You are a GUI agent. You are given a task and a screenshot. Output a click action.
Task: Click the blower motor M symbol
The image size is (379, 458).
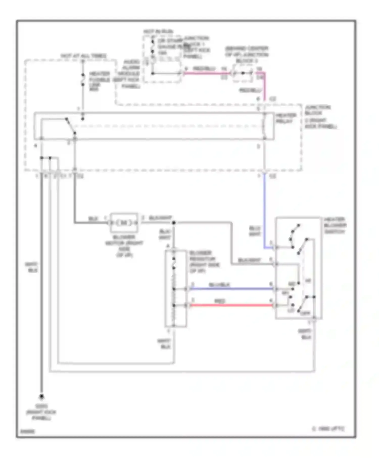point(124,223)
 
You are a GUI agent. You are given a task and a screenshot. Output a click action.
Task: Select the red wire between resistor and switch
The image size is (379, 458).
point(231,305)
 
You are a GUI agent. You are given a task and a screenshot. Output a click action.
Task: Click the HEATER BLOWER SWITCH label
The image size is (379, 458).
point(335,225)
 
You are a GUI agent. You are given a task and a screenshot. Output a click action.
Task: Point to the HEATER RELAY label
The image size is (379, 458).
point(286,118)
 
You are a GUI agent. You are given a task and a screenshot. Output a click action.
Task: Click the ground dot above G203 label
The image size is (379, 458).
point(42,396)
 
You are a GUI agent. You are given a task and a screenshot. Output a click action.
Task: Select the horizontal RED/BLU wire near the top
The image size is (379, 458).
point(207,73)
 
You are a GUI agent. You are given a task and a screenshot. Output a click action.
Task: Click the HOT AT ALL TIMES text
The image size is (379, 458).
point(84,56)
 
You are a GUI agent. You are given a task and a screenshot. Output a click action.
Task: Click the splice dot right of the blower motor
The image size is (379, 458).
point(174,223)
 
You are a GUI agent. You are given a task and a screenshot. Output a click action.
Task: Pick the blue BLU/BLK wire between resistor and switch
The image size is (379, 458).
point(231,289)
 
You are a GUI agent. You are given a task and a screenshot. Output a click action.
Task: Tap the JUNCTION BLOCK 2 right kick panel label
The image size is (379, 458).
point(320,117)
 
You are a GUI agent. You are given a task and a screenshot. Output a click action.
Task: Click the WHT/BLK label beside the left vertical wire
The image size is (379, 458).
point(31,267)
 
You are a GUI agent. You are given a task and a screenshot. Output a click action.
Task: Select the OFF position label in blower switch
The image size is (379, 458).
point(305,313)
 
